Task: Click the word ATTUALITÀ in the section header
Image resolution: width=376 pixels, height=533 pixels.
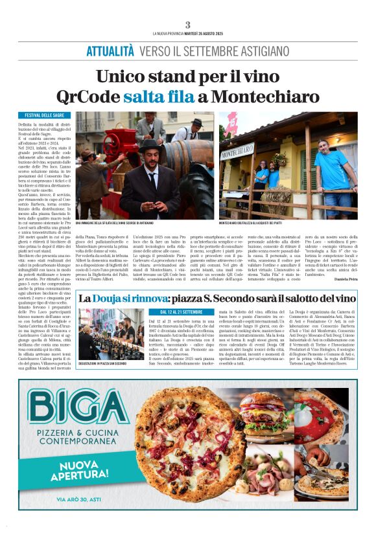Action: (111, 51)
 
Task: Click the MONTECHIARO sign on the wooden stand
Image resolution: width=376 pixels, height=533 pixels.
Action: (237, 153)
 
